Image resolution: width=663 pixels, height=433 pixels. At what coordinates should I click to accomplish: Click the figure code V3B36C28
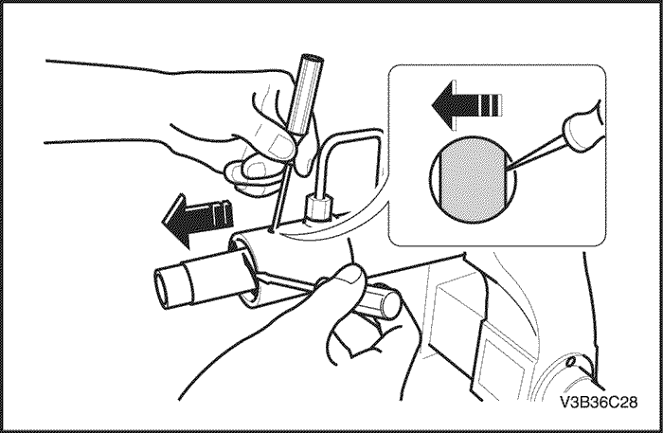click(x=599, y=402)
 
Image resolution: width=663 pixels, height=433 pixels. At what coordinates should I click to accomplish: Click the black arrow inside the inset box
click(x=466, y=104)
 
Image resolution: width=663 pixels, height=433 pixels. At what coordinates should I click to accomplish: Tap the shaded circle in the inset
click(x=473, y=178)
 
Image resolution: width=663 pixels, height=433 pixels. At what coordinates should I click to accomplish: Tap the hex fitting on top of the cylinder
click(x=317, y=208)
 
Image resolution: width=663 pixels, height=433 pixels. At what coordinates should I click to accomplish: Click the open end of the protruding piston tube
click(x=162, y=290)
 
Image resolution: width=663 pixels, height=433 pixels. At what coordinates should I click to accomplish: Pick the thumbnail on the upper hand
click(x=280, y=145)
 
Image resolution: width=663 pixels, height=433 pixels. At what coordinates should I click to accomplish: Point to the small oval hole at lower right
click(x=571, y=361)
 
